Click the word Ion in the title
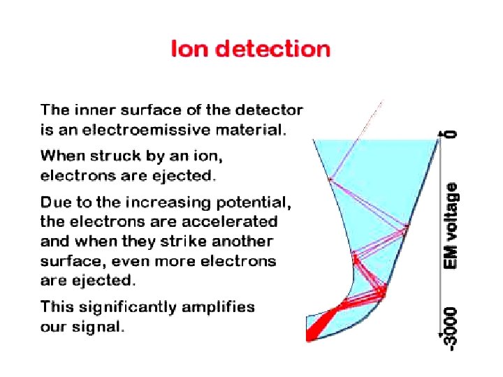click(x=190, y=50)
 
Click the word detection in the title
click(x=272, y=50)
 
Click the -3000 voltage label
click(x=453, y=328)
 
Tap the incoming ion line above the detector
click(x=370, y=121)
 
